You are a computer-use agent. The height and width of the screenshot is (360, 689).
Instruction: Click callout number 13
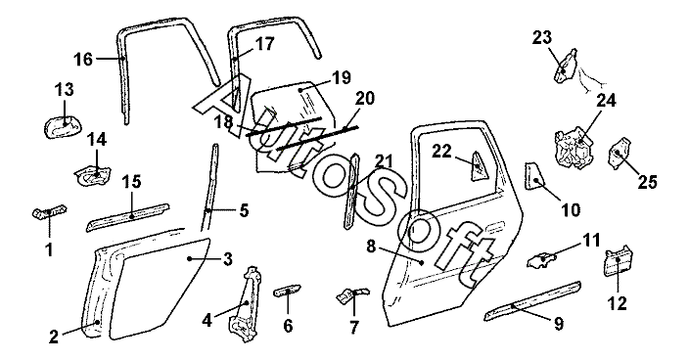65,90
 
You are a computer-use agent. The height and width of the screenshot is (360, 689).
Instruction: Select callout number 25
647,181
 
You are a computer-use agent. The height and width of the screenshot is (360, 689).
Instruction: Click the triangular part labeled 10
534,176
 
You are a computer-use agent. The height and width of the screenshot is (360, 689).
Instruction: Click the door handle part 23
565,66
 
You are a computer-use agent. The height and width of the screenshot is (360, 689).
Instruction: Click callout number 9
558,324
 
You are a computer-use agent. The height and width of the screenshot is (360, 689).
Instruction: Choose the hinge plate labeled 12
618,262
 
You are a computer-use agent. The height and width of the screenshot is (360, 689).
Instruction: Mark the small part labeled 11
542,259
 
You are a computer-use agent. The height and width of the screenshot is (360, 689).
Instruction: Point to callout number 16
83,59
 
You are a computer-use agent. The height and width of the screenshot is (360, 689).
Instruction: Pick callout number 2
54,337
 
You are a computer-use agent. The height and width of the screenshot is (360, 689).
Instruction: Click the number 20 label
364,98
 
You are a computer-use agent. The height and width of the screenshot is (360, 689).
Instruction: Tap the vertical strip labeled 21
352,191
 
